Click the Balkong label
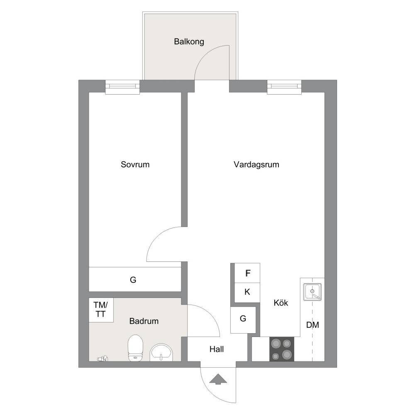click(189, 42)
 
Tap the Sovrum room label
click(135, 164)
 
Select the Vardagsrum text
click(256, 165)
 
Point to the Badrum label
click(144, 321)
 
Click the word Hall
click(217, 349)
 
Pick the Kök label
click(281, 303)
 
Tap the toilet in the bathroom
click(135, 347)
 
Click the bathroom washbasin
click(161, 352)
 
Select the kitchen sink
click(312, 292)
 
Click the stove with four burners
click(282, 349)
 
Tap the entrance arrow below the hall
click(218, 379)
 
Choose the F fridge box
click(247, 273)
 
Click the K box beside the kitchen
click(247, 293)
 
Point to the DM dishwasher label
click(312, 325)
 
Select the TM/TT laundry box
click(101, 310)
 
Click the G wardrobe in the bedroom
click(135, 279)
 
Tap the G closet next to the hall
click(243, 320)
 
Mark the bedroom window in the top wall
click(122, 87)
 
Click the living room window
click(284, 87)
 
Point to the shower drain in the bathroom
click(103, 359)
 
